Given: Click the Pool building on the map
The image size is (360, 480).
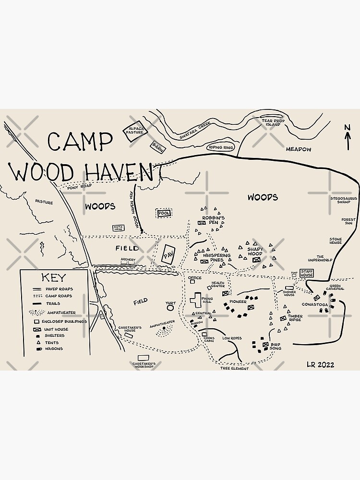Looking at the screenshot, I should coord(164,213).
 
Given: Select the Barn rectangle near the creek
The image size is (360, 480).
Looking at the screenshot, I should coord(157,146).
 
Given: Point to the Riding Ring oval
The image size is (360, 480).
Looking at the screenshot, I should coord(221,147).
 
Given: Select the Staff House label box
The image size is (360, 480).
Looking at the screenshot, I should coord(307,273).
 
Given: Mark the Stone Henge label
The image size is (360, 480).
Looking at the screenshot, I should coord(336,241).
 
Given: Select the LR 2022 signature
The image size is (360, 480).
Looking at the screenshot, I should coord(320,365).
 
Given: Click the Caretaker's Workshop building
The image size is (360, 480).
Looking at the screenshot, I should coord(143,358).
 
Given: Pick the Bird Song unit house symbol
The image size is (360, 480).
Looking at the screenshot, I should coord(265,344).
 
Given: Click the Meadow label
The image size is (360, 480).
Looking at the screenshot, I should coord(299,149).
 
